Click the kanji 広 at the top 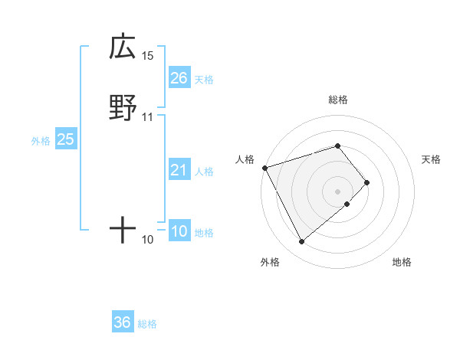pos(123,47)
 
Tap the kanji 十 pos(123,229)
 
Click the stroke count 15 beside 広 pos(148,56)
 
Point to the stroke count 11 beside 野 pos(148,117)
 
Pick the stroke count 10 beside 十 pos(148,240)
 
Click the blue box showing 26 pos(179,78)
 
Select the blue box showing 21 pos(179,171)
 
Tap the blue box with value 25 pos(66,139)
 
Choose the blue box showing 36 pos(123,322)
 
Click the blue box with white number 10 pos(179,231)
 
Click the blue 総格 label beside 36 pos(147,324)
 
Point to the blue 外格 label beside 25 pos(41,141)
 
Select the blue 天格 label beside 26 pos(204,80)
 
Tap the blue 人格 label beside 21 pos(204,172)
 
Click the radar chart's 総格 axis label pos(338,100)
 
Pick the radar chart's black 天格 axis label pos(432,159)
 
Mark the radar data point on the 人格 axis pos(264,168)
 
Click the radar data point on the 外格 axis pos(301,242)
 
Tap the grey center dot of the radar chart pos(338,191)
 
